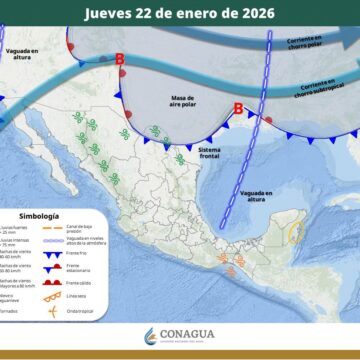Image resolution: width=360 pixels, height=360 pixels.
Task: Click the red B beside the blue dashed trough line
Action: pyautogui.click(x=238, y=109)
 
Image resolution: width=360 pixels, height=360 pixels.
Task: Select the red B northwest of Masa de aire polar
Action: pyautogui.click(x=121, y=61)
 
